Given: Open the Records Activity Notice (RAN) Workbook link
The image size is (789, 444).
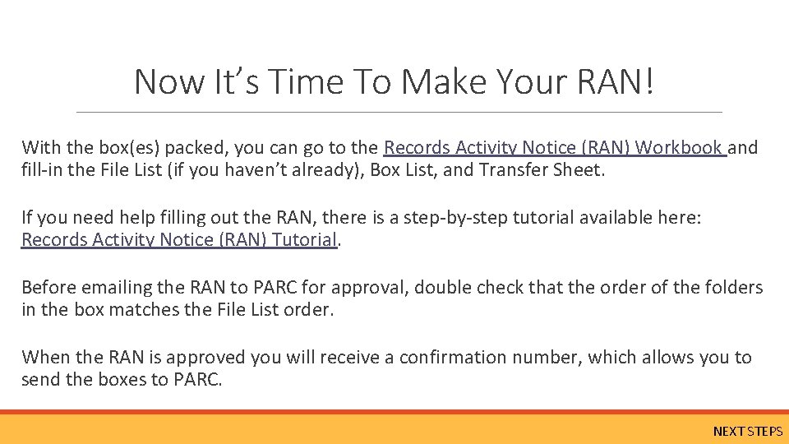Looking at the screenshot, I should click(555, 148).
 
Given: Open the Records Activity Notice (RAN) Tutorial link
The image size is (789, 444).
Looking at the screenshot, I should click(179, 240).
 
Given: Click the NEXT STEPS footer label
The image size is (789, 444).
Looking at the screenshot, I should click(747, 431).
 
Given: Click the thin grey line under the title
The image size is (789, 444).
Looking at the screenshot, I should click(399, 112).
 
